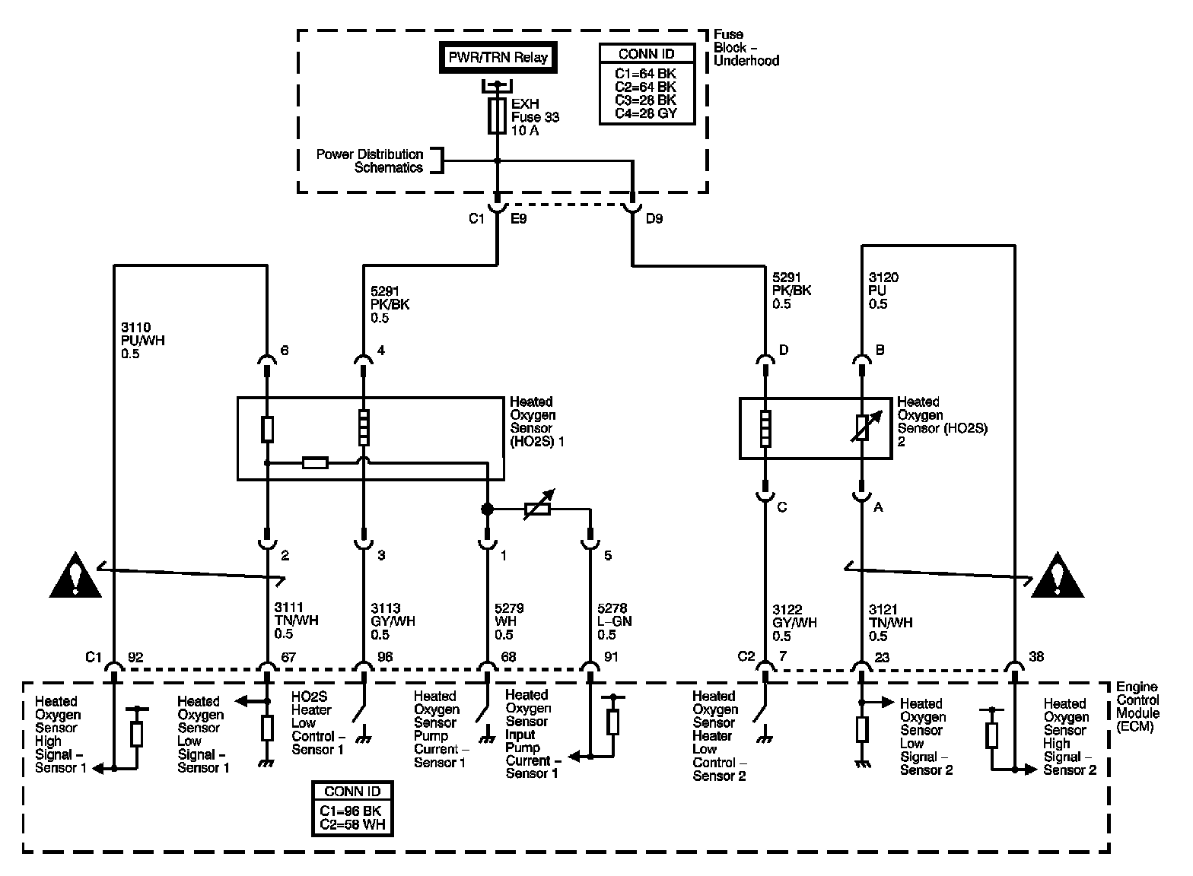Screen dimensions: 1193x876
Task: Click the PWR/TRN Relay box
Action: point(498,58)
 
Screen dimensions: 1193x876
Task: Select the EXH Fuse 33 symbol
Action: point(497,116)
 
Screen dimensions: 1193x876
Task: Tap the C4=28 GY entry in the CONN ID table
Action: point(646,113)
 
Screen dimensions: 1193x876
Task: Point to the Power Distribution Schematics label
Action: point(370,160)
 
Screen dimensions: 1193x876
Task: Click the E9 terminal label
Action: point(519,219)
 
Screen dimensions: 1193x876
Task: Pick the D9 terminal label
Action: point(654,219)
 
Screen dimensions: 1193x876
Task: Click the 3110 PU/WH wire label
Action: point(143,341)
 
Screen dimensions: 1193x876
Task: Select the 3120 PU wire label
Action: point(883,290)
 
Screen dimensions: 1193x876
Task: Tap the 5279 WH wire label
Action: point(509,621)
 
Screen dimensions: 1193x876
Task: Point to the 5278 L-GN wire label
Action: point(614,621)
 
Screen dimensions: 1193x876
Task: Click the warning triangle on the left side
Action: point(75,576)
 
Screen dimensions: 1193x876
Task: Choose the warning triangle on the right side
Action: point(1058,576)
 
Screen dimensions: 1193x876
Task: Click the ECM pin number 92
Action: point(135,657)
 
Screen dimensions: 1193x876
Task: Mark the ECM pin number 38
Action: point(1036,657)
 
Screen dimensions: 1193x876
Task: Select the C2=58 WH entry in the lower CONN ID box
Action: point(352,825)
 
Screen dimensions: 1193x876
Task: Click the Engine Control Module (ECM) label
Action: point(1137,706)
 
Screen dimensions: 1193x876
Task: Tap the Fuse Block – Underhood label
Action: point(746,48)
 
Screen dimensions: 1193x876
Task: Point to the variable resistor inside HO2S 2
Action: point(862,428)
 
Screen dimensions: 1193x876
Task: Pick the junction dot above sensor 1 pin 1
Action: point(487,509)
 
